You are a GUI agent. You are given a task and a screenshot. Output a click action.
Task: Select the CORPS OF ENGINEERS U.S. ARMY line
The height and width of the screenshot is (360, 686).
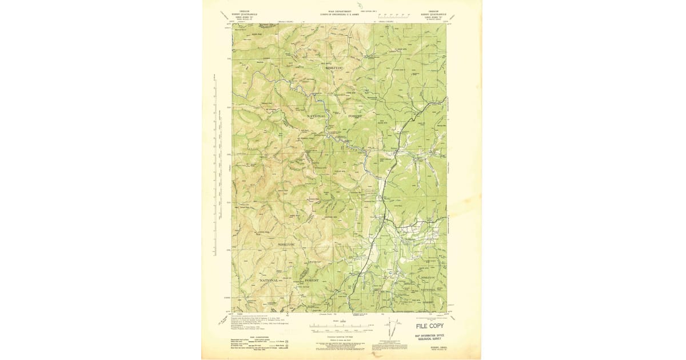coord(340,14)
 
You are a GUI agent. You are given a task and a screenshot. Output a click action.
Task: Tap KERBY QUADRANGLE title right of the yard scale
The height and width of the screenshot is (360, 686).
coord(433,14)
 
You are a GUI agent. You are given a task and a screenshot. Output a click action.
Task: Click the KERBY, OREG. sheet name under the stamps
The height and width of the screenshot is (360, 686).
coord(437,346)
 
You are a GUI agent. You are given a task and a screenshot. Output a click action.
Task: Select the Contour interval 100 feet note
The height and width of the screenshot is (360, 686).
coord(339,337)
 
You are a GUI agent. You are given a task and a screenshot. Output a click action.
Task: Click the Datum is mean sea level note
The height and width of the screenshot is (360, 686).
coord(339,339)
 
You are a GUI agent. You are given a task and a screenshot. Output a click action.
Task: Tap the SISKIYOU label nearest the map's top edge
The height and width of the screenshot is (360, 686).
coord(334,68)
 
